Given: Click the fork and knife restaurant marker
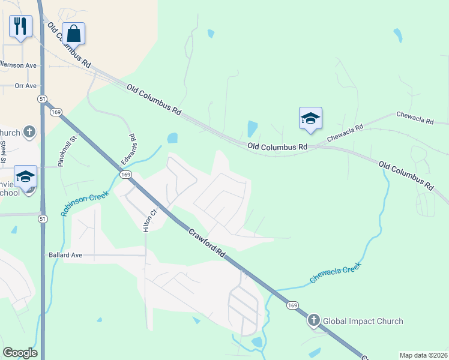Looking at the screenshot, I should pos(20,26).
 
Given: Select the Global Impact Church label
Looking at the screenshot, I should pos(363,321).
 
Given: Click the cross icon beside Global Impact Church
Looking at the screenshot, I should pos(314,321).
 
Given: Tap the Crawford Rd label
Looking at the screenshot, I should pos(207,242).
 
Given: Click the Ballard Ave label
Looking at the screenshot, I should pos(64,255).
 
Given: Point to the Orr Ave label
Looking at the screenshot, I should pos(25,86).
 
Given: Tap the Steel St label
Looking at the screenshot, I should pos(4,151).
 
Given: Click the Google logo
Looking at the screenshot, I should pos(20,353).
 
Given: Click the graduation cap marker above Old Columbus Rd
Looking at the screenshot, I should pos(310,118).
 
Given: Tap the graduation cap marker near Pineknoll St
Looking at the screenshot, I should pos(25,176).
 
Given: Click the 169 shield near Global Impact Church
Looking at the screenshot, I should pos(292,306).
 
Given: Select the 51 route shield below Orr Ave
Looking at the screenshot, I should pos(41,98).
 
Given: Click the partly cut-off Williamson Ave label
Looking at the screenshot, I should pos(18,65).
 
